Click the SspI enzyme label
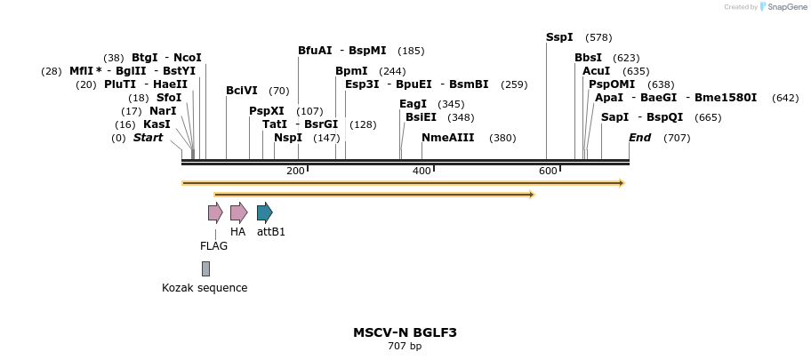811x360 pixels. click(559, 37)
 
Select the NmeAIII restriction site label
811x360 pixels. click(448, 138)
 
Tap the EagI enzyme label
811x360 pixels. click(413, 104)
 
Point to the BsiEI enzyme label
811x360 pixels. click(421, 117)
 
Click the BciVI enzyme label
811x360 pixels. click(241, 91)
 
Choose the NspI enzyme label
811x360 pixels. click(287, 138)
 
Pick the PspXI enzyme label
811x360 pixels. click(266, 111)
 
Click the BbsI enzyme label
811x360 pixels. click(588, 58)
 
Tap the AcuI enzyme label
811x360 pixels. click(596, 71)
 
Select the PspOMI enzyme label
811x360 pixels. click(611, 84)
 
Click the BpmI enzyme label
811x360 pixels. click(351, 71)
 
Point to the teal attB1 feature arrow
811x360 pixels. click(264, 212)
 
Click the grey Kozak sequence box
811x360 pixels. click(205, 268)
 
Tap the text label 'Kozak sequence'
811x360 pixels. click(205, 288)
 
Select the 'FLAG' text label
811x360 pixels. click(213, 246)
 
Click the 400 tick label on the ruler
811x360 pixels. click(422, 171)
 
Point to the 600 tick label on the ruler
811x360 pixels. click(547, 171)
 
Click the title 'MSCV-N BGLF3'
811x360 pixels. click(405, 332)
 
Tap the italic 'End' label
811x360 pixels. click(639, 138)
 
